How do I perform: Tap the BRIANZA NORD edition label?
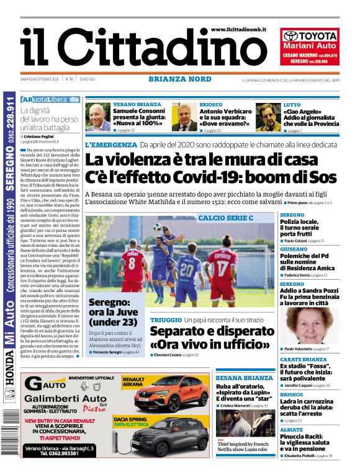[179, 79]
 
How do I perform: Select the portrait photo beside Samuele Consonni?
[97, 117]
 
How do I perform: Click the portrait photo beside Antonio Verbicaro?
[184, 117]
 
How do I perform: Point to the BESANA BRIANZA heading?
[244, 378]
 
